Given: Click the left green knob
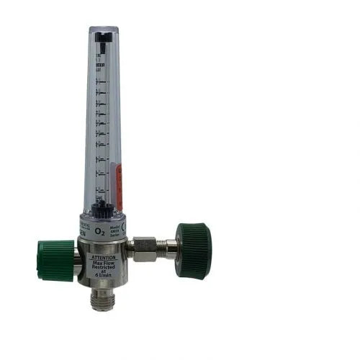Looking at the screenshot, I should [55, 260].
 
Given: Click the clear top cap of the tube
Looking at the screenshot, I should [104, 32].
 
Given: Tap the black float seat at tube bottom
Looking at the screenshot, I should [102, 208].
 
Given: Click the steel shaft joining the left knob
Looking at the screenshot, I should [77, 262].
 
